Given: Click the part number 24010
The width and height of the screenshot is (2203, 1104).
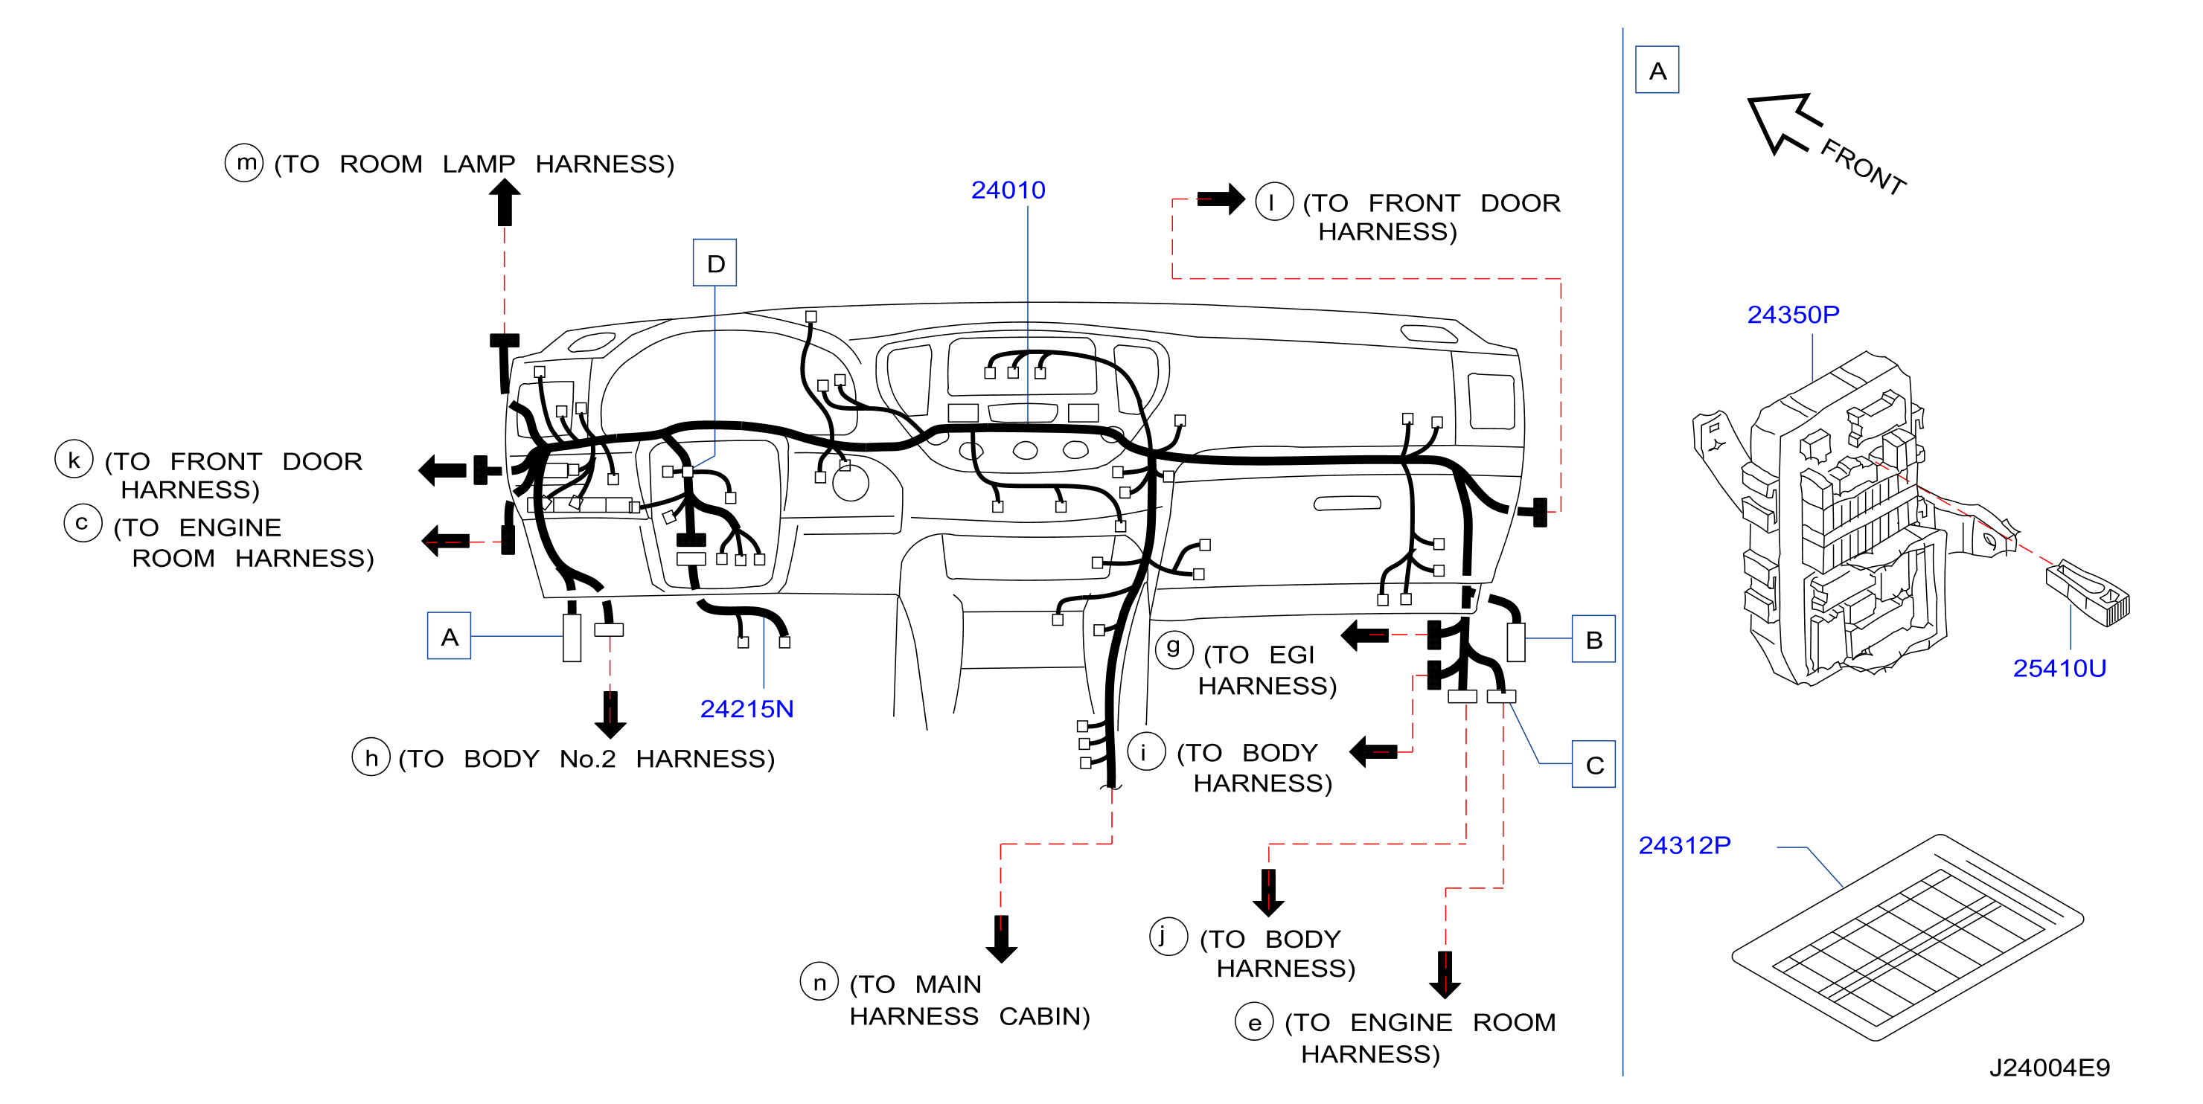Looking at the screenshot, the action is click(1008, 190).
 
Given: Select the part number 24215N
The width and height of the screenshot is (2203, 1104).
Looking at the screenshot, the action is click(746, 709).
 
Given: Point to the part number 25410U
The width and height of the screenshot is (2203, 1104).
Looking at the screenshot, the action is click(2059, 668).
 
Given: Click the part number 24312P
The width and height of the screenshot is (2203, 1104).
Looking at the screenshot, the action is click(1684, 845).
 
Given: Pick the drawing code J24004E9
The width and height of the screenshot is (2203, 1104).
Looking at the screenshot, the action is click(2049, 1068).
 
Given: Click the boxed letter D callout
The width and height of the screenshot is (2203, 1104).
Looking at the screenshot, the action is click(715, 263).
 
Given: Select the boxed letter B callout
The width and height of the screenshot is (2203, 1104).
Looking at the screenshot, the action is click(1593, 639).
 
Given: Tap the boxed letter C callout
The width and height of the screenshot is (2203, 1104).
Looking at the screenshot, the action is click(1593, 764).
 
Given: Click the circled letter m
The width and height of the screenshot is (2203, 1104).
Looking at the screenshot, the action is click(245, 161).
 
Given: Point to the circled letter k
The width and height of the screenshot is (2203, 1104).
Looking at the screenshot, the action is click(74, 459).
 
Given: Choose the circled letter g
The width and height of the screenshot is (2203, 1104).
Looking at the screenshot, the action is click(1174, 649).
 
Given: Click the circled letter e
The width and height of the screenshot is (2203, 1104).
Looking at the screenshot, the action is click(1255, 1022).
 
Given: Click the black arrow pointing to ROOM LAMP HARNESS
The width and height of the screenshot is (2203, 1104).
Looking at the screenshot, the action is click(505, 202).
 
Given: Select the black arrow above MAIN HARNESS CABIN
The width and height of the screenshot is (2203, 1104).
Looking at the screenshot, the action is click(1002, 939).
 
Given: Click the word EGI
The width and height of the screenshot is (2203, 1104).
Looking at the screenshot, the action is click(1291, 655).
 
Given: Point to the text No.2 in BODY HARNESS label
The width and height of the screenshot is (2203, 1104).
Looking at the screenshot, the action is click(587, 760).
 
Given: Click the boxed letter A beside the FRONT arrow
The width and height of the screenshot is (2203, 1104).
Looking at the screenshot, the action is click(1657, 69).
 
